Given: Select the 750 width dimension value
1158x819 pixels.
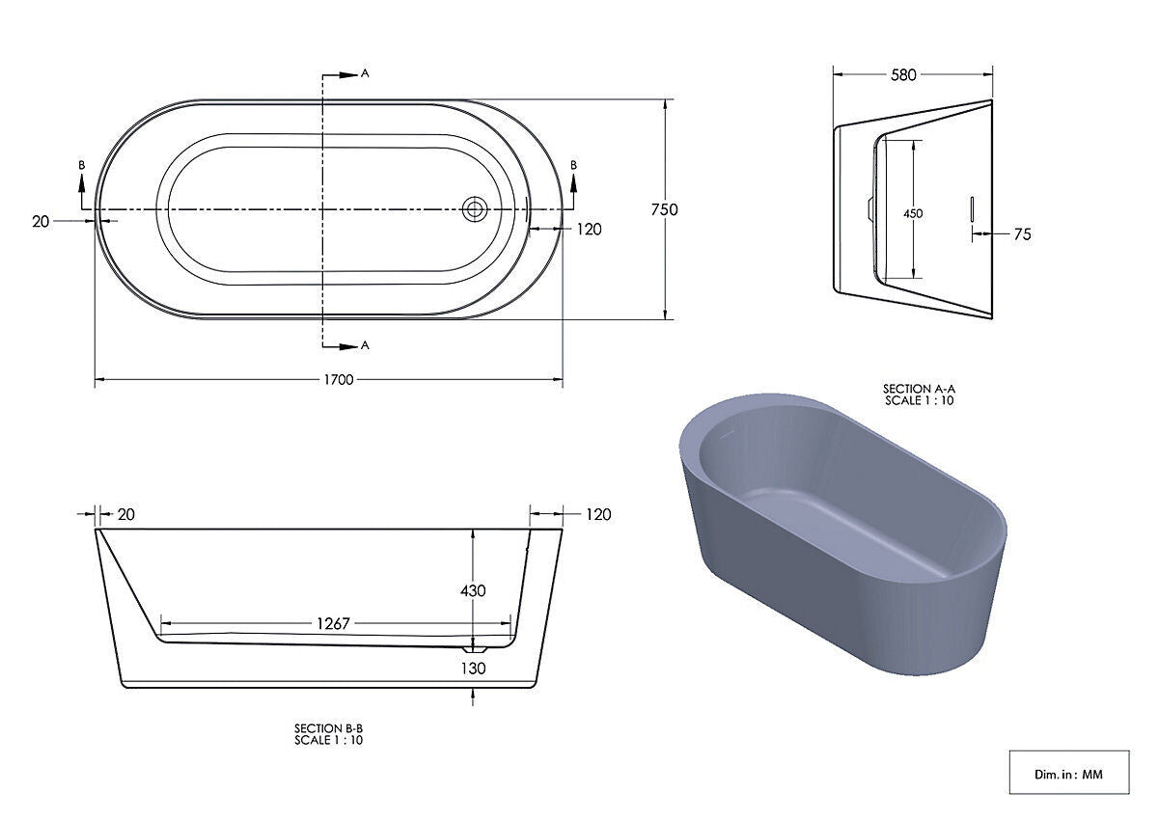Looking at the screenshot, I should [665, 209].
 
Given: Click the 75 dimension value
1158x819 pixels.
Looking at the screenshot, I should [1022, 234].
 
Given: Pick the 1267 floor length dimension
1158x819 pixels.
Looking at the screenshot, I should [334, 623].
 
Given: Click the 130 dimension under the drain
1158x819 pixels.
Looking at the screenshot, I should [473, 668].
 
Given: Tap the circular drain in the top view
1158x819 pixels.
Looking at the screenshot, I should [474, 209].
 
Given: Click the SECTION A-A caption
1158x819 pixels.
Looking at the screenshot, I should [919, 395].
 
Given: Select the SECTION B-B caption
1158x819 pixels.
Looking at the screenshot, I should [328, 733].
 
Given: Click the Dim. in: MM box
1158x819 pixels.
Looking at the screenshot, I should [1068, 773].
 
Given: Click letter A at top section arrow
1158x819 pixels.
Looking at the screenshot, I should [365, 73].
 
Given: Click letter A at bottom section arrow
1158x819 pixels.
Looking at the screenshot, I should [365, 344].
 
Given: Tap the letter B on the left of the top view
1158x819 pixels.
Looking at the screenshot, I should [82, 166].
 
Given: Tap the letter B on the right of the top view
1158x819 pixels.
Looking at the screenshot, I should [574, 166].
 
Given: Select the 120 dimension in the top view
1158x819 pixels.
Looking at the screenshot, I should [589, 229].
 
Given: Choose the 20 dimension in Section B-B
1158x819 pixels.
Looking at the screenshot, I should [125, 514].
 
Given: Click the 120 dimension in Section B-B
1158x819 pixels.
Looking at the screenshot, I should [598, 514].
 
